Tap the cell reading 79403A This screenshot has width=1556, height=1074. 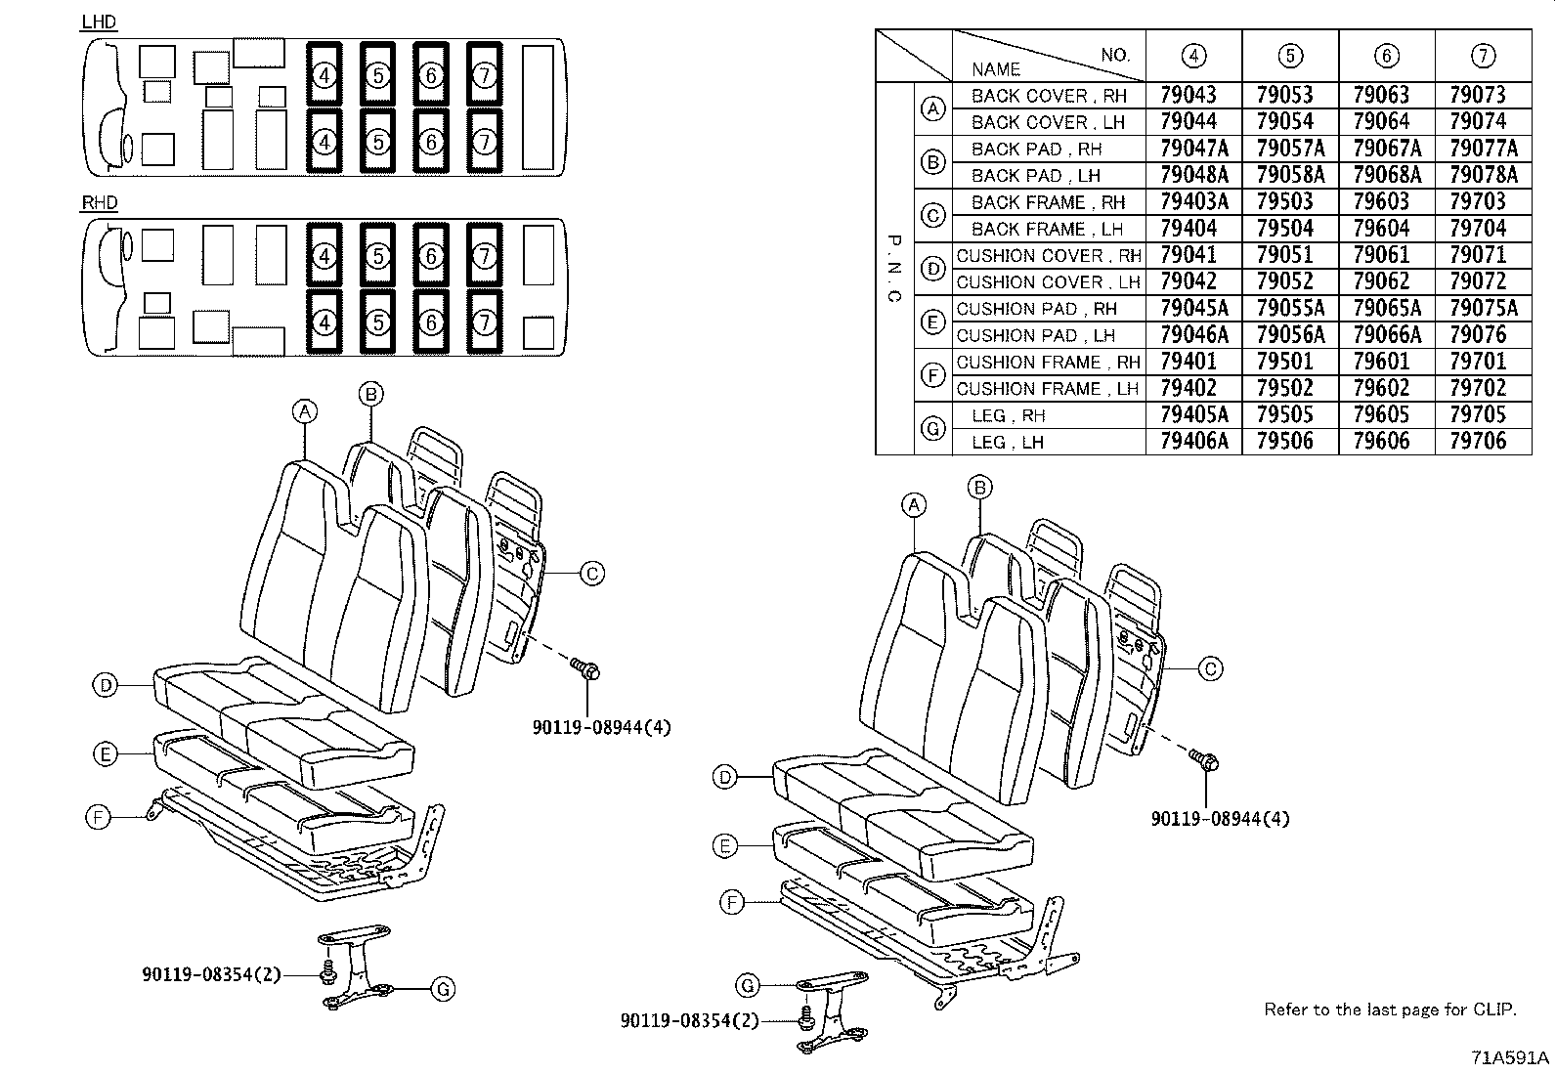1192,201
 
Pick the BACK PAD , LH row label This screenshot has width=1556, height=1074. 1035,176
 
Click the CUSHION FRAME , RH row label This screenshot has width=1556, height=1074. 1048,362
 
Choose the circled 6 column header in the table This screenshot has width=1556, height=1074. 1385,56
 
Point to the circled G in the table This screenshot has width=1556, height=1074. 932,428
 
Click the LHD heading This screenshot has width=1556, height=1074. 99,22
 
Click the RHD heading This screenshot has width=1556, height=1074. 100,203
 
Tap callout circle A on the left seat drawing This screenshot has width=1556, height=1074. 306,412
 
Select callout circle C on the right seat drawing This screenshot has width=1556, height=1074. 1210,669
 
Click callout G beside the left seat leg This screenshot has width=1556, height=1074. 443,990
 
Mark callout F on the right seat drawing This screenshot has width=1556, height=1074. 732,904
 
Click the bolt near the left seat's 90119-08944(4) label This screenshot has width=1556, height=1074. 587,669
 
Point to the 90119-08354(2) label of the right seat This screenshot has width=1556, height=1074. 689,1021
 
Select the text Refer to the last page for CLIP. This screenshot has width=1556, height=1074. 1390,1010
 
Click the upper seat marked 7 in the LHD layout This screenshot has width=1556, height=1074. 485,74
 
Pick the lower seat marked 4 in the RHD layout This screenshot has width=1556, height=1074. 324,322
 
